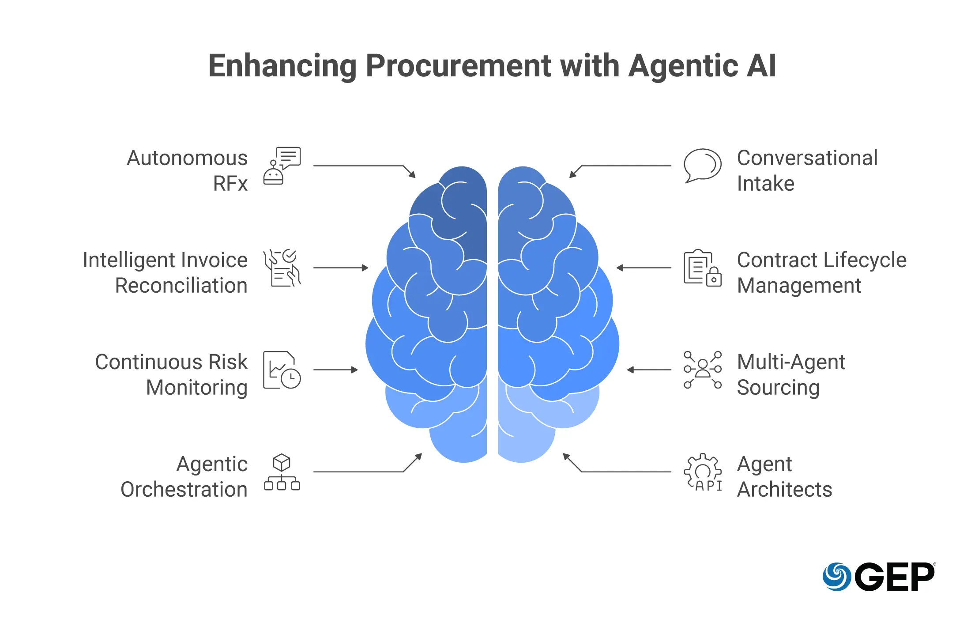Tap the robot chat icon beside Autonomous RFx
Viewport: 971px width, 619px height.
[x=282, y=166]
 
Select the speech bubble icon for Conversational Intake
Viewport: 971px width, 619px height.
[x=702, y=166]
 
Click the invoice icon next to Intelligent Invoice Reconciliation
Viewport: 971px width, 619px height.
[x=282, y=268]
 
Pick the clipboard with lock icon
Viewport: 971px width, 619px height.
[x=702, y=268]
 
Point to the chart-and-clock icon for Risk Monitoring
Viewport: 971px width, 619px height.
[x=282, y=370]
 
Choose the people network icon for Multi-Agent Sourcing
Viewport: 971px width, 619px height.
[x=702, y=370]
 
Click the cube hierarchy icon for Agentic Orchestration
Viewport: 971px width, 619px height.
[x=282, y=472]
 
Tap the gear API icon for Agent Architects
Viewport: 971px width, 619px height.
[x=703, y=472]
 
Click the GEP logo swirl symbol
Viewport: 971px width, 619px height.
[x=836, y=576]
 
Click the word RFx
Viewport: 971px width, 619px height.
[x=230, y=184]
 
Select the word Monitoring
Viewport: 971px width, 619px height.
[x=196, y=388]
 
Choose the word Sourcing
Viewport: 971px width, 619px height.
[x=778, y=388]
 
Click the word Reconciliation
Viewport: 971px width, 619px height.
[x=181, y=286]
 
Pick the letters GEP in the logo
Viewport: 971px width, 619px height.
[x=895, y=577]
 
